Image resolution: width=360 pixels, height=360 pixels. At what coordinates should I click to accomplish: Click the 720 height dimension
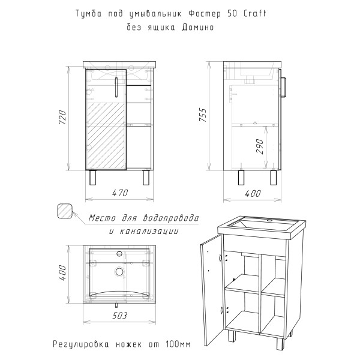tap(62, 118)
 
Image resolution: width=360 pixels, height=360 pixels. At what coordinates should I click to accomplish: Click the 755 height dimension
tap(203, 115)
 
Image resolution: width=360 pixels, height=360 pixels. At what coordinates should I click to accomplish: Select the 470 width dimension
tap(120, 193)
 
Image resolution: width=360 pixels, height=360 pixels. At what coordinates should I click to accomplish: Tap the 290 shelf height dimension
tap(260, 147)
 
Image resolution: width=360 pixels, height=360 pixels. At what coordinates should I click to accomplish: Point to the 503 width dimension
tap(119, 316)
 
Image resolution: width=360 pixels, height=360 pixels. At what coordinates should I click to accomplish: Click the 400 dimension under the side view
tap(253, 193)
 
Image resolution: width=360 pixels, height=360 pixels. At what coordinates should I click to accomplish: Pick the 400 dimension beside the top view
tap(62, 272)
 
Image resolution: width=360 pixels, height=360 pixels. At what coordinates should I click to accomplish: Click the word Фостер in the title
tap(205, 14)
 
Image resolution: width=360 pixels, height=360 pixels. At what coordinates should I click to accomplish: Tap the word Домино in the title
tap(198, 28)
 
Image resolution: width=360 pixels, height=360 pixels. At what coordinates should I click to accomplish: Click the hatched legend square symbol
tap(65, 211)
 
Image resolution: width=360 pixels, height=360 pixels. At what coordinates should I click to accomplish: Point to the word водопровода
tap(171, 218)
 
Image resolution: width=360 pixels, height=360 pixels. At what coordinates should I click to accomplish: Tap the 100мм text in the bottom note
tap(178, 344)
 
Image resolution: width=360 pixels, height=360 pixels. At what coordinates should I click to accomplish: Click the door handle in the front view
tap(116, 88)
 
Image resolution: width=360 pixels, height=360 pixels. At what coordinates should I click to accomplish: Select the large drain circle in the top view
tap(119, 272)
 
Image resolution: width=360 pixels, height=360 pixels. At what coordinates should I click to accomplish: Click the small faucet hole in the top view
tap(119, 254)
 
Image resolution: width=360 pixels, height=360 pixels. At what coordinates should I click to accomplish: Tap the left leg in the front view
tap(92, 178)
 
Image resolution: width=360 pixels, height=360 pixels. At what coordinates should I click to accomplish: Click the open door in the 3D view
tap(211, 290)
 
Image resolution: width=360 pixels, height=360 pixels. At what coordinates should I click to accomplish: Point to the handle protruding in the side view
tap(284, 88)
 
